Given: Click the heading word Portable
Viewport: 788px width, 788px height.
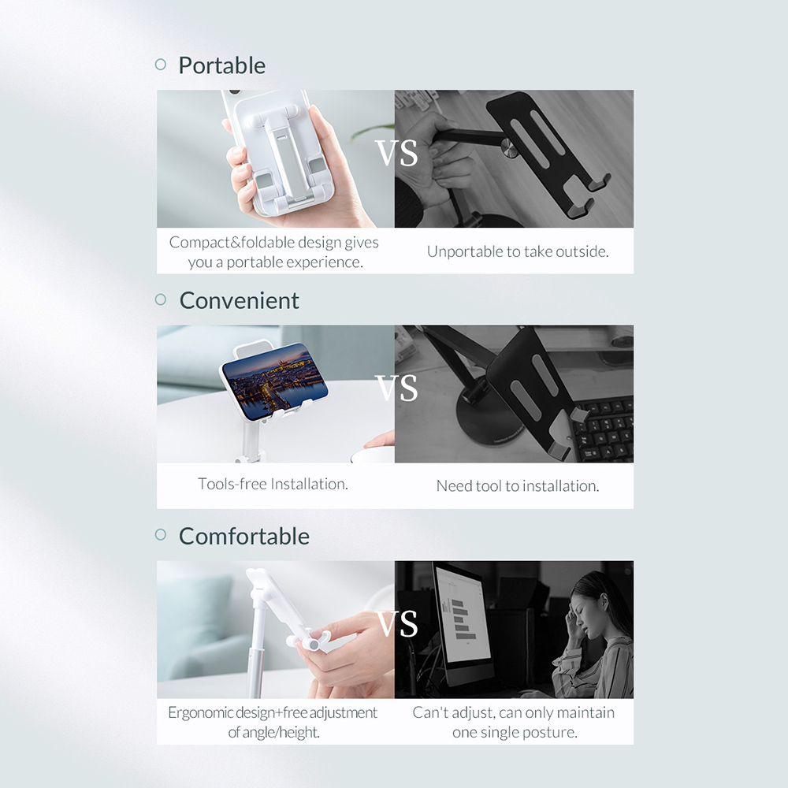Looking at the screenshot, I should click(221, 65).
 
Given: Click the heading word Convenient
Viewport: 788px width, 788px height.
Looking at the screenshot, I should click(239, 301).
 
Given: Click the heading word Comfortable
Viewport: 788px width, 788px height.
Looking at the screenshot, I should click(243, 537).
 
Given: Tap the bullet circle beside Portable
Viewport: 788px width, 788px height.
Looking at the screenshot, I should click(161, 65).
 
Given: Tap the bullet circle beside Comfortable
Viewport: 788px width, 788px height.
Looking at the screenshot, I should click(161, 535).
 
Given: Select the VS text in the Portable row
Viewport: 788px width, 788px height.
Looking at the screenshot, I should click(396, 154).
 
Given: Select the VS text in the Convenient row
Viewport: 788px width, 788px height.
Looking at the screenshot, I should click(396, 389).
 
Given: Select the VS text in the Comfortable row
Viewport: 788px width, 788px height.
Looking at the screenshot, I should click(396, 624).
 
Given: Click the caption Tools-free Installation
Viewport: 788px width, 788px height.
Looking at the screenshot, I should click(273, 484).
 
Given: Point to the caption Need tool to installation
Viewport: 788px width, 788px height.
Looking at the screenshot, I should click(518, 486).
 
